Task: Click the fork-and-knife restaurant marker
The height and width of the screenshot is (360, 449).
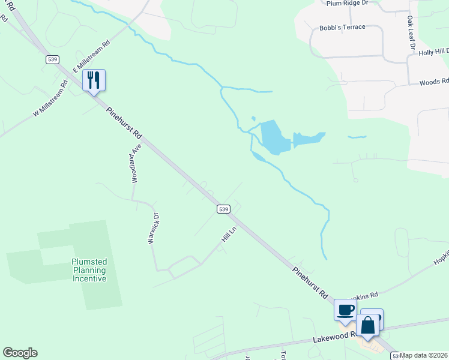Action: click(94, 80)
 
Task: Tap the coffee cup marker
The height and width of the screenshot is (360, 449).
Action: click(345, 310)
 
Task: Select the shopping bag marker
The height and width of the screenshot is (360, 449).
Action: click(368, 325)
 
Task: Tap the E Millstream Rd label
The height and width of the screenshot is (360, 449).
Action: click(92, 57)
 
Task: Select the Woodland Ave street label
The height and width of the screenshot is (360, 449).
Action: click(136, 163)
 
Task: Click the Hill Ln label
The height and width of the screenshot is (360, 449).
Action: click(226, 235)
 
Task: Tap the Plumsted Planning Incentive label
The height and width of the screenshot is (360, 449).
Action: click(89, 270)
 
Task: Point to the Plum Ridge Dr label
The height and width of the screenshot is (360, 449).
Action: click(347, 3)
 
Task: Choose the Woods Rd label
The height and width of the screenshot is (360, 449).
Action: click(434, 82)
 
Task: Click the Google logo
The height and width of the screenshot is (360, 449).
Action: click(20, 353)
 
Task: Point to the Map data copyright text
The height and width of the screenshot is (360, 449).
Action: click(424, 355)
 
